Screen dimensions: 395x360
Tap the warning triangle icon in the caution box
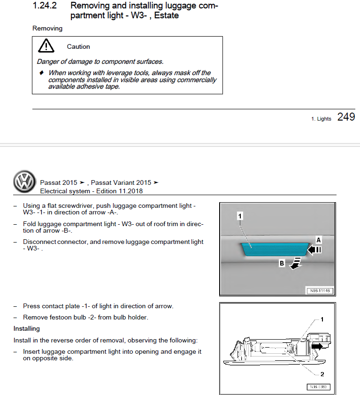(46, 46)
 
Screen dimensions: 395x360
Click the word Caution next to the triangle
(78, 46)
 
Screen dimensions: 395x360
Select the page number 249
(346, 117)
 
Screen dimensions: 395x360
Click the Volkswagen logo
(24, 182)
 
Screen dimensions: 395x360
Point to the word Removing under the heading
(47, 29)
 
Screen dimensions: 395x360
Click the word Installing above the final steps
(27, 328)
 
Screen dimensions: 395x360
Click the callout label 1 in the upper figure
(239, 216)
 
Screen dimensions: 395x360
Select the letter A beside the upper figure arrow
(318, 240)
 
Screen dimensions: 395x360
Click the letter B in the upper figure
(282, 263)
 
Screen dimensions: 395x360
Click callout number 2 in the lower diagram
(322, 374)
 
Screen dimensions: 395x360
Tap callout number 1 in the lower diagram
(322, 319)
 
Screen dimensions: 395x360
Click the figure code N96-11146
(320, 290)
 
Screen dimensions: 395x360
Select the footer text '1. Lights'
(321, 119)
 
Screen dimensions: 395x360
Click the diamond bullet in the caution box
(41, 73)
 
